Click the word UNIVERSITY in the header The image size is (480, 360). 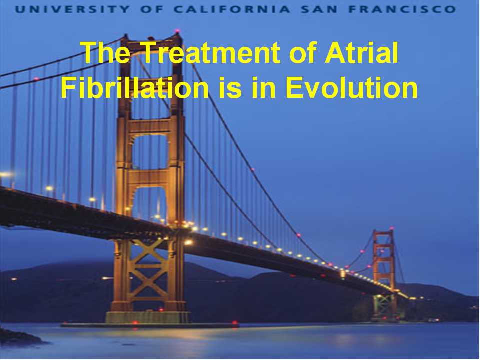pos(72,9)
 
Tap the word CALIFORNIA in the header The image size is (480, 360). pos(231,9)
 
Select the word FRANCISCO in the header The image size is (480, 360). pos(402,9)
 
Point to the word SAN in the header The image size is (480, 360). pos(319,9)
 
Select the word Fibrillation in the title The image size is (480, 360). pos(134,87)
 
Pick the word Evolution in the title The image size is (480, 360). pos(351,87)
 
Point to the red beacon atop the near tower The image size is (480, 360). pos(177,31)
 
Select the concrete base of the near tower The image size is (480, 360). pos(147,317)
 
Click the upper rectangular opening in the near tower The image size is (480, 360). pos(149,152)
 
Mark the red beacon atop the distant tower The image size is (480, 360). pos(391,228)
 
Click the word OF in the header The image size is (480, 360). pos(152,9)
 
